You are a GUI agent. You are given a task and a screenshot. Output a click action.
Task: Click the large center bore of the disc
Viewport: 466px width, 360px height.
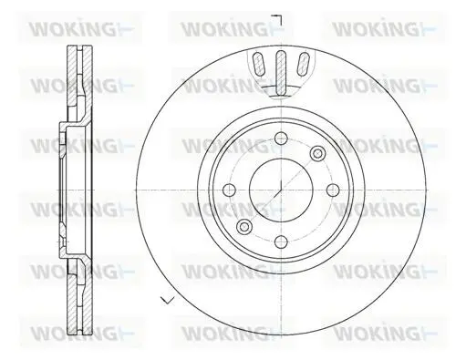click(x=281, y=190)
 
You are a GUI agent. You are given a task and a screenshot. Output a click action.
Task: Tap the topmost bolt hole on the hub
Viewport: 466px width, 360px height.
click(x=281, y=139)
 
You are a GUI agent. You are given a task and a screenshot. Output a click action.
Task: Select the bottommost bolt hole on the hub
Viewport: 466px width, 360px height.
click(x=281, y=242)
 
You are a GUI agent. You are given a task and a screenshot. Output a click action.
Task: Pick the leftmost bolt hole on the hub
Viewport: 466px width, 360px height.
click(x=229, y=190)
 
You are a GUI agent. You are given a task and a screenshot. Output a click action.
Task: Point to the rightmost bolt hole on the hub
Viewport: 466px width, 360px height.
click(x=333, y=190)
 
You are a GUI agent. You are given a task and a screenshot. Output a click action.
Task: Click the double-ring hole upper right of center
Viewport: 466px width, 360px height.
click(x=317, y=153)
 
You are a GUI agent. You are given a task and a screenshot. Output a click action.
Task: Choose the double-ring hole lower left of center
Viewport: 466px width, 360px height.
click(x=244, y=227)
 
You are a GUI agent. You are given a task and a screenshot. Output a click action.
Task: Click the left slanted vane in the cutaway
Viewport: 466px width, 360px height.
click(x=259, y=64)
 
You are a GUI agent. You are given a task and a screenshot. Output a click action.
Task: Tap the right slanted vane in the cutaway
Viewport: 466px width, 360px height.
click(x=303, y=64)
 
